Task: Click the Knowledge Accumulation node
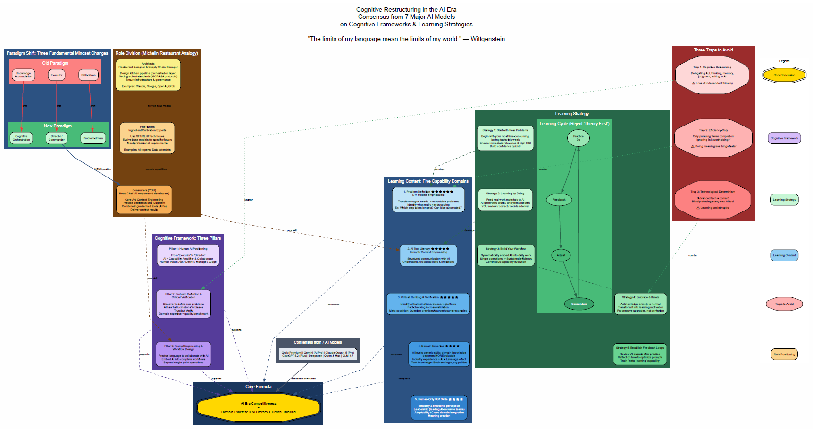(23, 75)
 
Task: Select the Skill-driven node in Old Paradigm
(88, 75)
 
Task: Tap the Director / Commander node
(57, 138)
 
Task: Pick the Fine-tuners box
(147, 138)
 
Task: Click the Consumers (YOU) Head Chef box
(144, 200)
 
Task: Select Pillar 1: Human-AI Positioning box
(188, 255)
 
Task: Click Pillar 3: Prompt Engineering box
(184, 354)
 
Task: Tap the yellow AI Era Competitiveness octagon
(259, 407)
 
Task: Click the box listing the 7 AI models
(318, 354)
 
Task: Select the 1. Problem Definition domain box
(428, 200)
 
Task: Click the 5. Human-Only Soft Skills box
(439, 407)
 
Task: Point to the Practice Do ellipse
(578, 138)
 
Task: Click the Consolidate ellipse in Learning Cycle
(579, 304)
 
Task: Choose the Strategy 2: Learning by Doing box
(505, 200)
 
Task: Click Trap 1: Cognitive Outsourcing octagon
(712, 75)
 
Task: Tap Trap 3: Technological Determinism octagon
(712, 200)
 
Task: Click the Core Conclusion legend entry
(784, 75)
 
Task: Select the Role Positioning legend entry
(784, 354)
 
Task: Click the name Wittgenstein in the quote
(487, 39)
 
